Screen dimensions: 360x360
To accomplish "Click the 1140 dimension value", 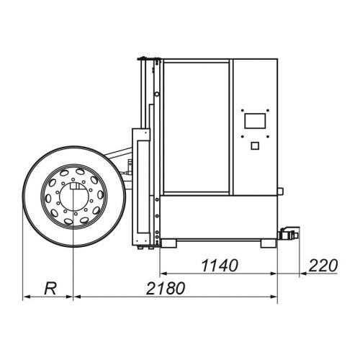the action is click(x=220, y=266).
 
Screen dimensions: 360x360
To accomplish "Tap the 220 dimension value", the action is click(x=323, y=266).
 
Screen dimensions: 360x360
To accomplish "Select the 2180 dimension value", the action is click(x=166, y=288).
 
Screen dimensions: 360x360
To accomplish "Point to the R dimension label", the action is click(x=50, y=289).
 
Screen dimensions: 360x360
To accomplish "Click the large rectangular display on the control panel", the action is click(x=255, y=121).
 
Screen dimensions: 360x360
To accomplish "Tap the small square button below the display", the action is click(x=255, y=145).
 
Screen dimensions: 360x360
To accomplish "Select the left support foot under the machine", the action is click(x=168, y=243).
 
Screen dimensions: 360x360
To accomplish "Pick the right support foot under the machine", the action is click(x=269, y=243).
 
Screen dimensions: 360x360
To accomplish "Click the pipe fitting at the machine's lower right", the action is click(x=289, y=233).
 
